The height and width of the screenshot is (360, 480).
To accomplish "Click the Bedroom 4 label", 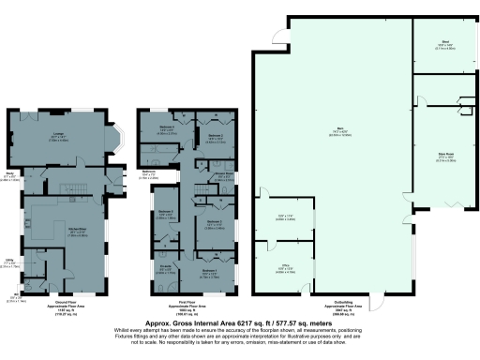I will pyautogui.click(x=165, y=127).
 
